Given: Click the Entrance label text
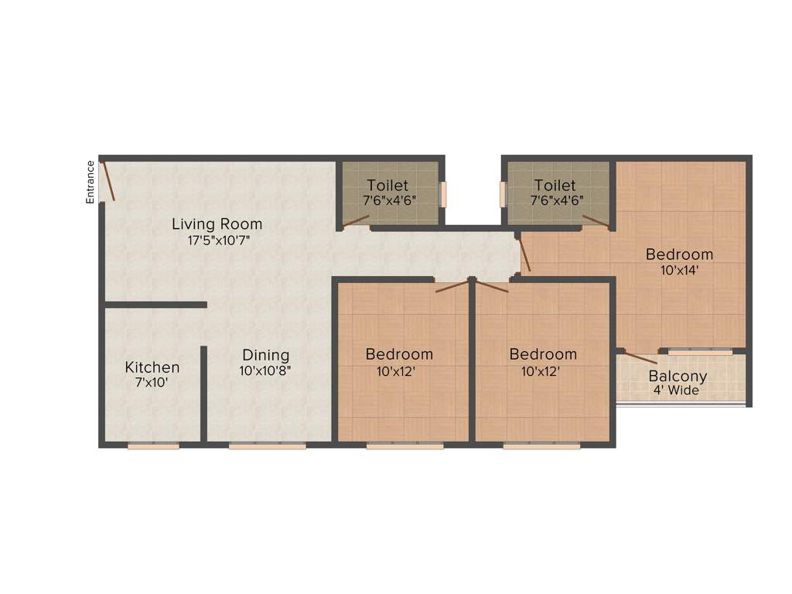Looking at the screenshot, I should coord(90,182).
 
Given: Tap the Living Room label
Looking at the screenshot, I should coord(217,224).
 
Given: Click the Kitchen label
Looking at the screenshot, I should coord(152,367).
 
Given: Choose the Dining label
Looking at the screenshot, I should coord(265,355).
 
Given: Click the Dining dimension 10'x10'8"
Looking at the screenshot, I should coord(265,370).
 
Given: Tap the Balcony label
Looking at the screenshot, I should coord(678,377).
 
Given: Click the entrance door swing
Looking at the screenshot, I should coord(109,181).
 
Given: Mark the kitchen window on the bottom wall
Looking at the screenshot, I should coord(153,445).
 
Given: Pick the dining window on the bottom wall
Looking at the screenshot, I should coord(268,445).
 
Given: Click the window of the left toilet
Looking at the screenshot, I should coord(443,194).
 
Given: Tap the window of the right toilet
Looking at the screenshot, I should coord(503,194).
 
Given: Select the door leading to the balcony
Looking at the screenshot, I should coord(641,357).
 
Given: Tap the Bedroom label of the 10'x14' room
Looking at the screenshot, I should coord(679,254).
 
